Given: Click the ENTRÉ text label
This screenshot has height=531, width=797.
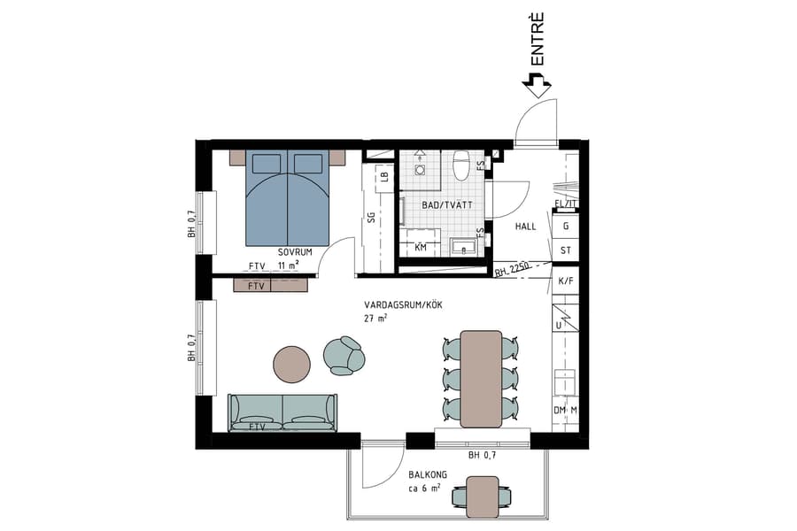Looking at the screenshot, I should click(538, 42).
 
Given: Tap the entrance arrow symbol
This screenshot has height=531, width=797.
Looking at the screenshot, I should click(537, 86).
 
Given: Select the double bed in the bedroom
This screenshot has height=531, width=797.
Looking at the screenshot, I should click(287, 196).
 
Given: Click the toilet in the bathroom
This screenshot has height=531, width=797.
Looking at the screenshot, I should click(460, 165).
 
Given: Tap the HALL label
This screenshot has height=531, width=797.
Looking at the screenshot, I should click(525, 227).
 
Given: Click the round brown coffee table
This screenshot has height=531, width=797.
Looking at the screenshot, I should click(291, 362).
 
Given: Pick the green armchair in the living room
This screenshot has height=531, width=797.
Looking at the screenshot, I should click(344, 354).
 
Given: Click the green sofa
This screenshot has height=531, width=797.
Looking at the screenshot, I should click(282, 412).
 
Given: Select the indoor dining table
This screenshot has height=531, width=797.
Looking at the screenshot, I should click(481, 378).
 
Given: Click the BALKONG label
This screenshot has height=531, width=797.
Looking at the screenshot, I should click(427, 475).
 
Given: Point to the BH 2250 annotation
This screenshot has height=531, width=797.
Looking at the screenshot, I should click(512, 272).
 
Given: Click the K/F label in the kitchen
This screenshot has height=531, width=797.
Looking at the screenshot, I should click(565, 281).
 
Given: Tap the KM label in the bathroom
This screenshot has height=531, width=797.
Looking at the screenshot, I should click(421, 248).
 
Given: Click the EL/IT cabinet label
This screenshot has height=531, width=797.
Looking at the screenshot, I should click(564, 204).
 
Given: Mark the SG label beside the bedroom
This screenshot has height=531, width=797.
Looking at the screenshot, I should click(372, 218).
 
